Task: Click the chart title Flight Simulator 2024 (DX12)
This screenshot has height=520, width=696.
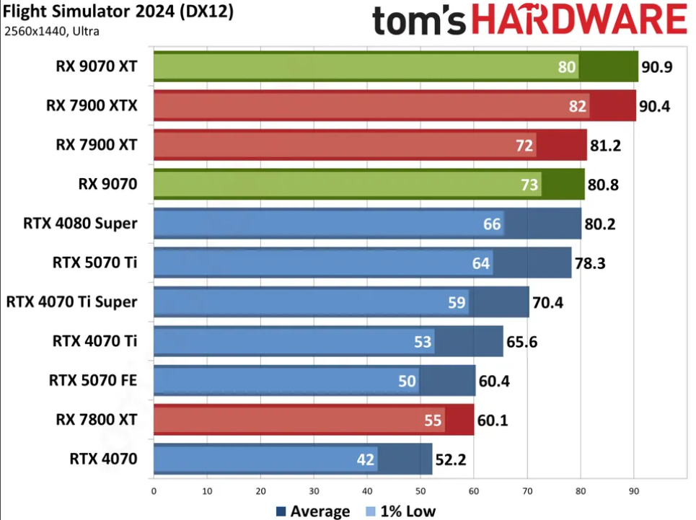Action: tap(118, 12)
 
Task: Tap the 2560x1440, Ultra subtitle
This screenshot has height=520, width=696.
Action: tap(52, 31)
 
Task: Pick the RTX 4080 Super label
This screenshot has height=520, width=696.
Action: tap(80, 224)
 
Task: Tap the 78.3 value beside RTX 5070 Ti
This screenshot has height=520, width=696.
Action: tap(589, 263)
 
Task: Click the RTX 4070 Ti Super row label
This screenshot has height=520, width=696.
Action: tap(71, 301)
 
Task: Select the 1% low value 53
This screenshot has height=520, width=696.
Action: tap(423, 341)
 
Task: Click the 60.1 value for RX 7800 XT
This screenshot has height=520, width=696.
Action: tap(493, 420)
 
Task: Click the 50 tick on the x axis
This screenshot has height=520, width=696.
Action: tap(420, 492)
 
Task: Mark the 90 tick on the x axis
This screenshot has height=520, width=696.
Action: tap(633, 492)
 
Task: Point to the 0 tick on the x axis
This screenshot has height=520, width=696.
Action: tap(154, 492)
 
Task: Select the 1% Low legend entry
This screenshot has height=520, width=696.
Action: tap(401, 511)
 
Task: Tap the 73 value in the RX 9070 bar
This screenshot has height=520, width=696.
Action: tap(529, 185)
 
